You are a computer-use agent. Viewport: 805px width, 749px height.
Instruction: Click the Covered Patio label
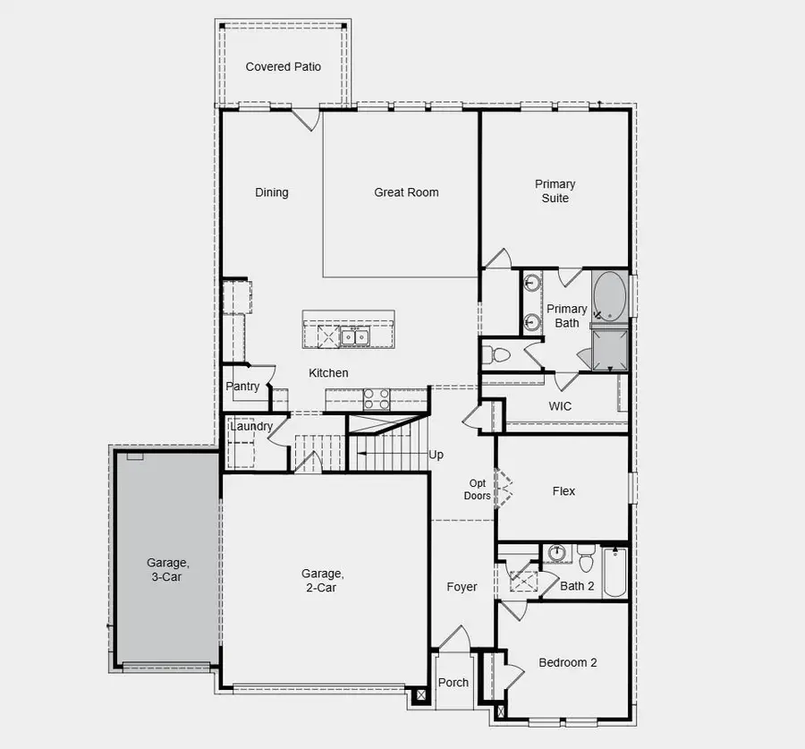click(283, 67)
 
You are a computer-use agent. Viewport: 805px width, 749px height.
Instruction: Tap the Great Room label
click(406, 192)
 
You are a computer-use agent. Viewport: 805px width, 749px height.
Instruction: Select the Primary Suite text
click(555, 191)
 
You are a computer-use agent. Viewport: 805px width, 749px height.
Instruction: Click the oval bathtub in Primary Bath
click(610, 296)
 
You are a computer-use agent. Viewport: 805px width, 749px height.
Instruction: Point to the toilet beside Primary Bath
click(496, 355)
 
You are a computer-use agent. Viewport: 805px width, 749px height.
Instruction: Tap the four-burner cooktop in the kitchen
click(377, 398)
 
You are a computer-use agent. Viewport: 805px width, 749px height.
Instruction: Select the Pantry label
click(242, 387)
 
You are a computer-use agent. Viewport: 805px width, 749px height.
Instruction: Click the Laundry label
click(251, 426)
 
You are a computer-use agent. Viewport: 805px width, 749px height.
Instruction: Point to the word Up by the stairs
click(436, 455)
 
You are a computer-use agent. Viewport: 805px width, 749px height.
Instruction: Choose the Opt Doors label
click(477, 489)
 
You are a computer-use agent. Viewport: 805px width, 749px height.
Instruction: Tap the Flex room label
click(563, 491)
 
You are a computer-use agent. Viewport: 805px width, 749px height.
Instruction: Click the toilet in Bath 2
click(587, 557)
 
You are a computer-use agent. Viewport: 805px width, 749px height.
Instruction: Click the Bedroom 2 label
click(567, 663)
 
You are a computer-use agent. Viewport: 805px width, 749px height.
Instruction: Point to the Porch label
click(453, 682)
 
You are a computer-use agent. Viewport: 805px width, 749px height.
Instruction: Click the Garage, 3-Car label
click(167, 570)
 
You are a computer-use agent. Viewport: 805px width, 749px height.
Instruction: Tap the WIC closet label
click(560, 406)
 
